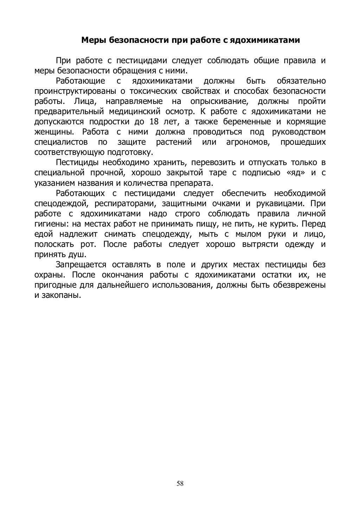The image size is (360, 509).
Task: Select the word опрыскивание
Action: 218,102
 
